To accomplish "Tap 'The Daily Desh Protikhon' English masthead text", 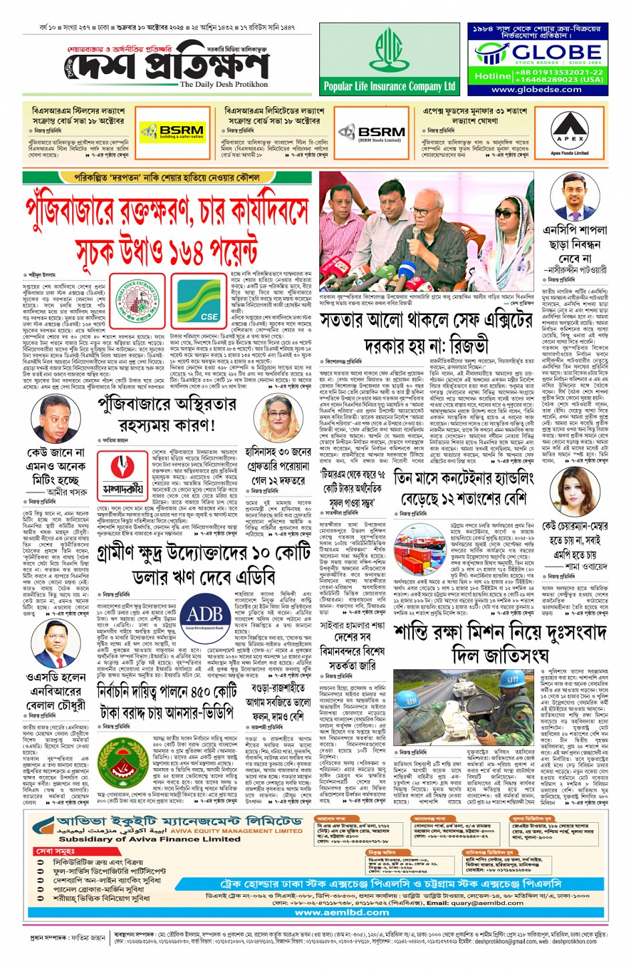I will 224,85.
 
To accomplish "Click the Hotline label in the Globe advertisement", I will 492,76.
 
